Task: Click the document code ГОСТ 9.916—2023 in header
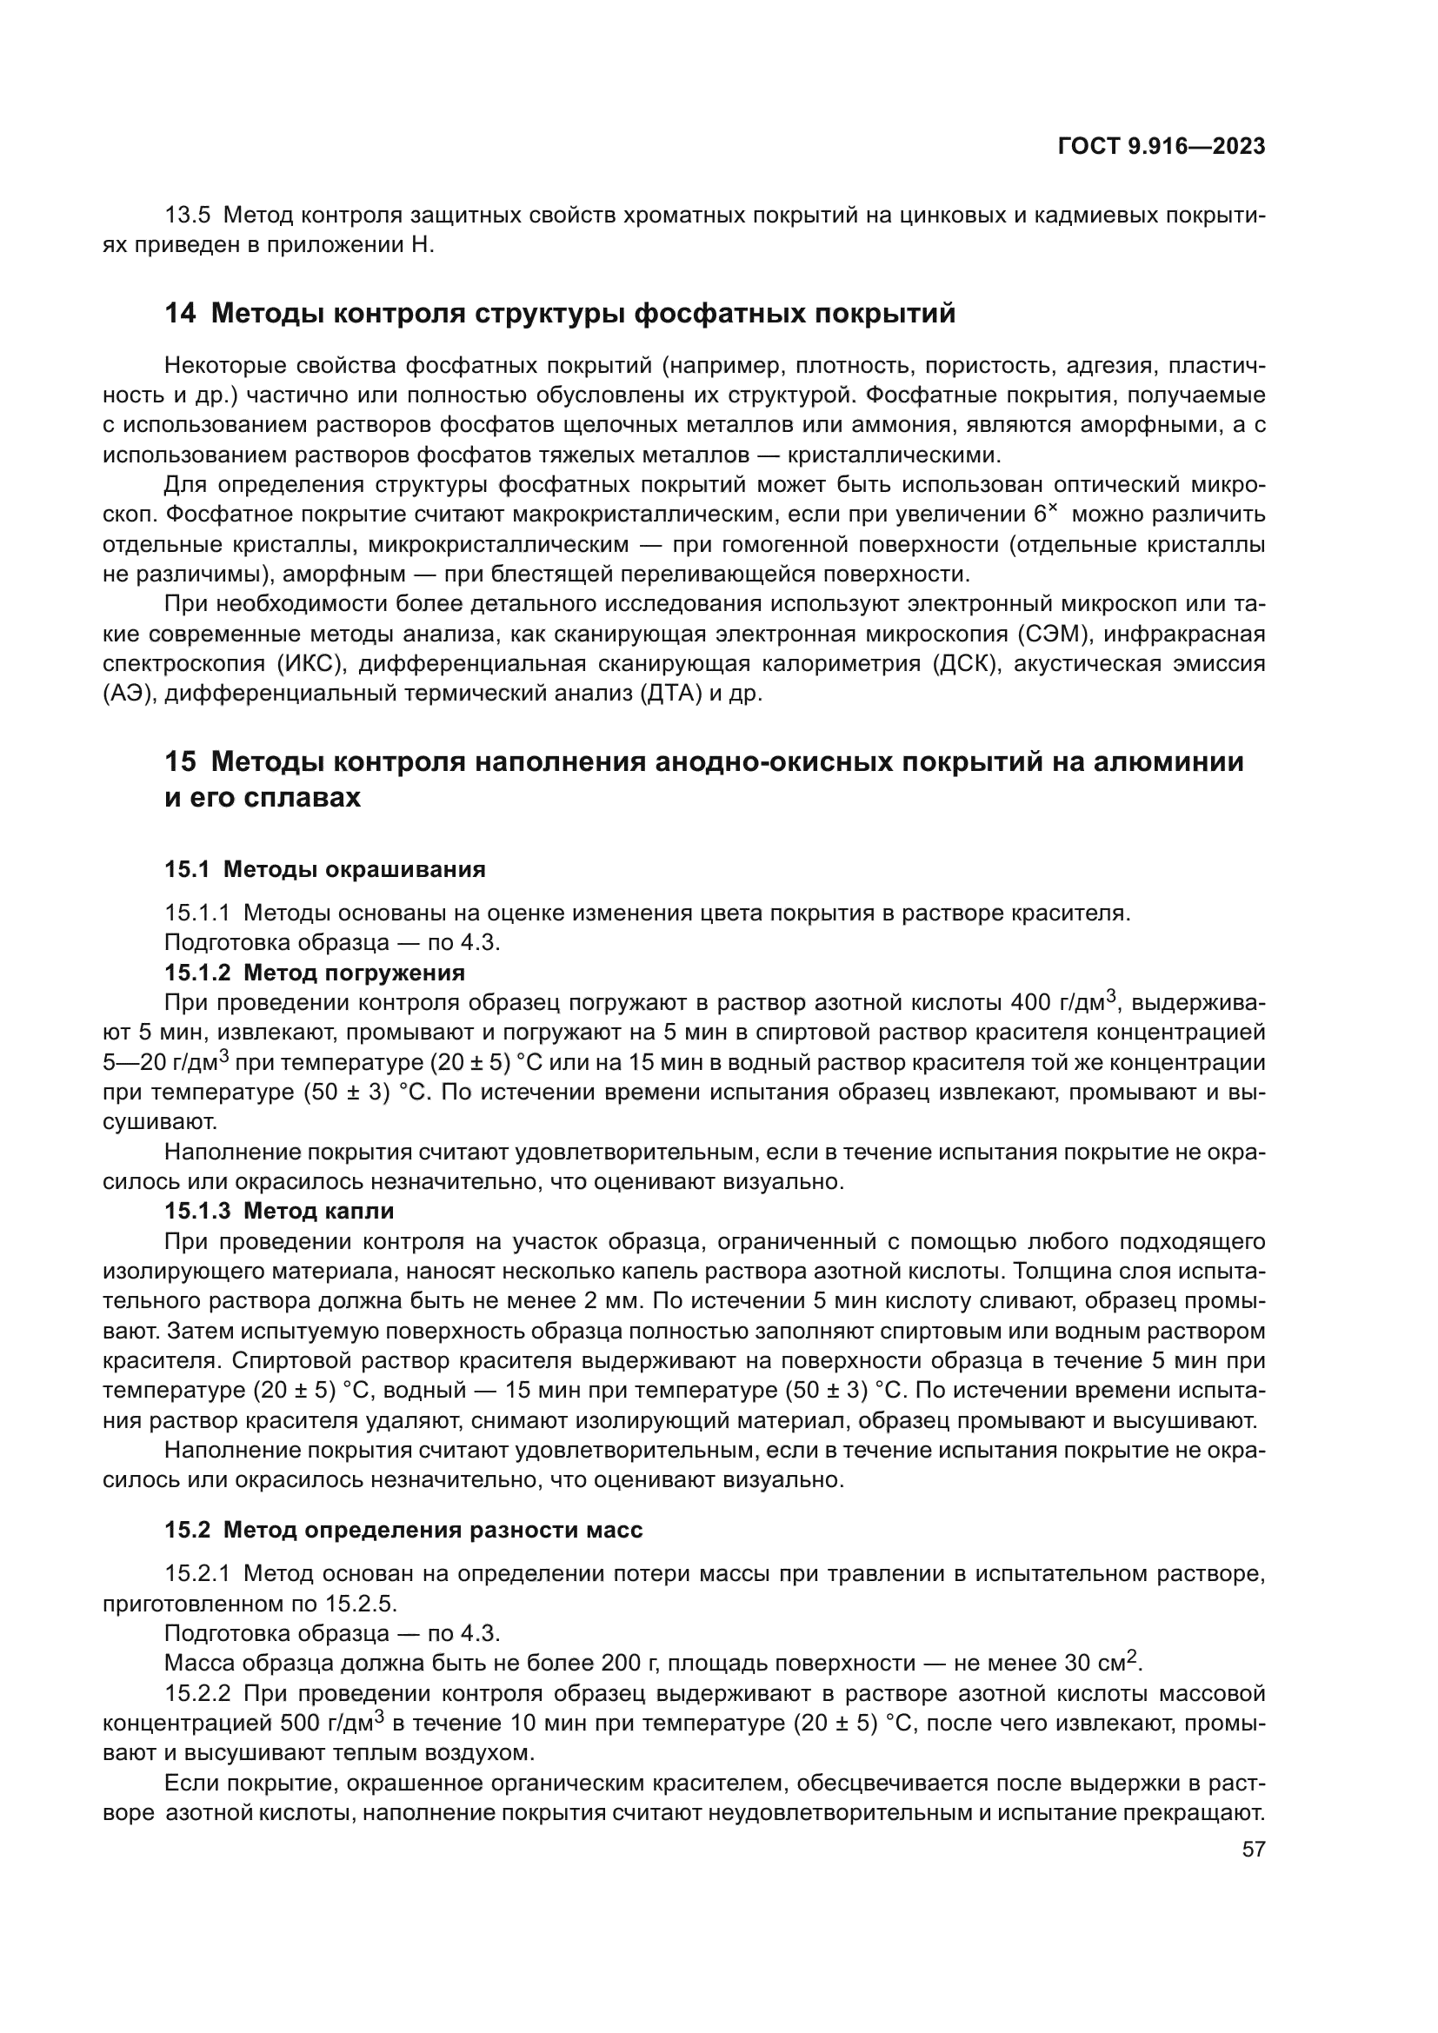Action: pyautogui.click(x=1161, y=147)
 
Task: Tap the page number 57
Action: pyautogui.click(x=1253, y=1850)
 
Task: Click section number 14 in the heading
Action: pyautogui.click(x=180, y=314)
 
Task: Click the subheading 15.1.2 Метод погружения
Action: pyautogui.click(x=315, y=973)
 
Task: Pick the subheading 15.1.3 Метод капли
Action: pyautogui.click(x=279, y=1210)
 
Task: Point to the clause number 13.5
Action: pyautogui.click(x=188, y=216)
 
